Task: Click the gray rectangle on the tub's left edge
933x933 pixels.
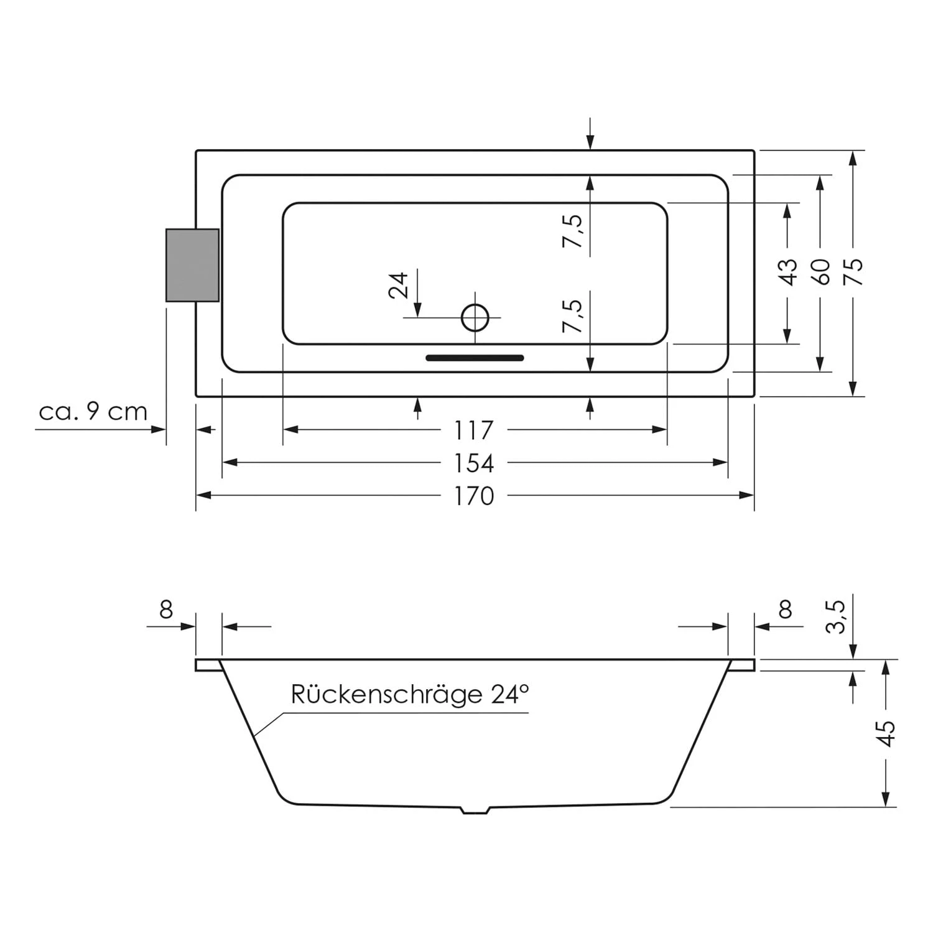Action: pos(192,265)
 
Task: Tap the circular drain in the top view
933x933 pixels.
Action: pos(475,318)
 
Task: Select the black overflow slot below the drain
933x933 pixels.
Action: pos(475,358)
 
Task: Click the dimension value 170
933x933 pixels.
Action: pos(474,496)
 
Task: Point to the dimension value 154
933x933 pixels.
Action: pos(474,463)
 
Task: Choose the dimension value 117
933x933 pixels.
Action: pos(474,430)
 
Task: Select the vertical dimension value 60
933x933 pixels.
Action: pos(821,271)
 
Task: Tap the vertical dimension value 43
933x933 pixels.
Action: pos(788,272)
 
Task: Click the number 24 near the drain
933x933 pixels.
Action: pos(399,285)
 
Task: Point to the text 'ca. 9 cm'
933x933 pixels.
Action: pos(93,412)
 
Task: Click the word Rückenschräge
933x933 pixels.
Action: pos(386,694)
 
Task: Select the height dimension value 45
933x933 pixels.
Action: pos(886,733)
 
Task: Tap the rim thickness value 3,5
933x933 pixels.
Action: pos(836,616)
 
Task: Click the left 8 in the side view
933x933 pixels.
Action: pos(166,610)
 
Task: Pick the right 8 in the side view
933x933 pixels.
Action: pos(785,610)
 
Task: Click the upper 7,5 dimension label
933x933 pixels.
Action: pos(573,231)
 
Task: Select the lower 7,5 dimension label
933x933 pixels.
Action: pos(573,316)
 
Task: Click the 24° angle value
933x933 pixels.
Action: pos(509,694)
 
